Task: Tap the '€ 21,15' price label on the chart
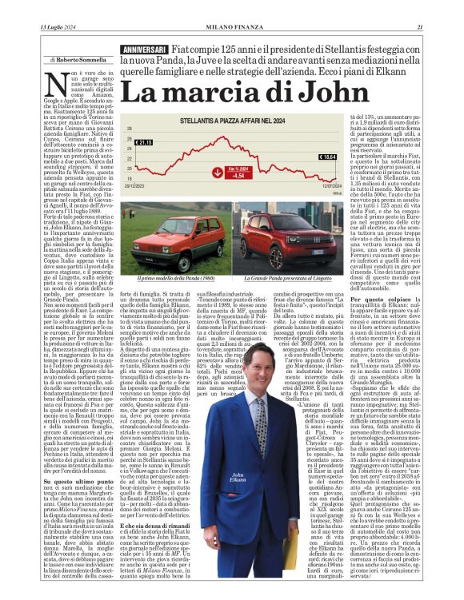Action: click(x=144, y=142)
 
